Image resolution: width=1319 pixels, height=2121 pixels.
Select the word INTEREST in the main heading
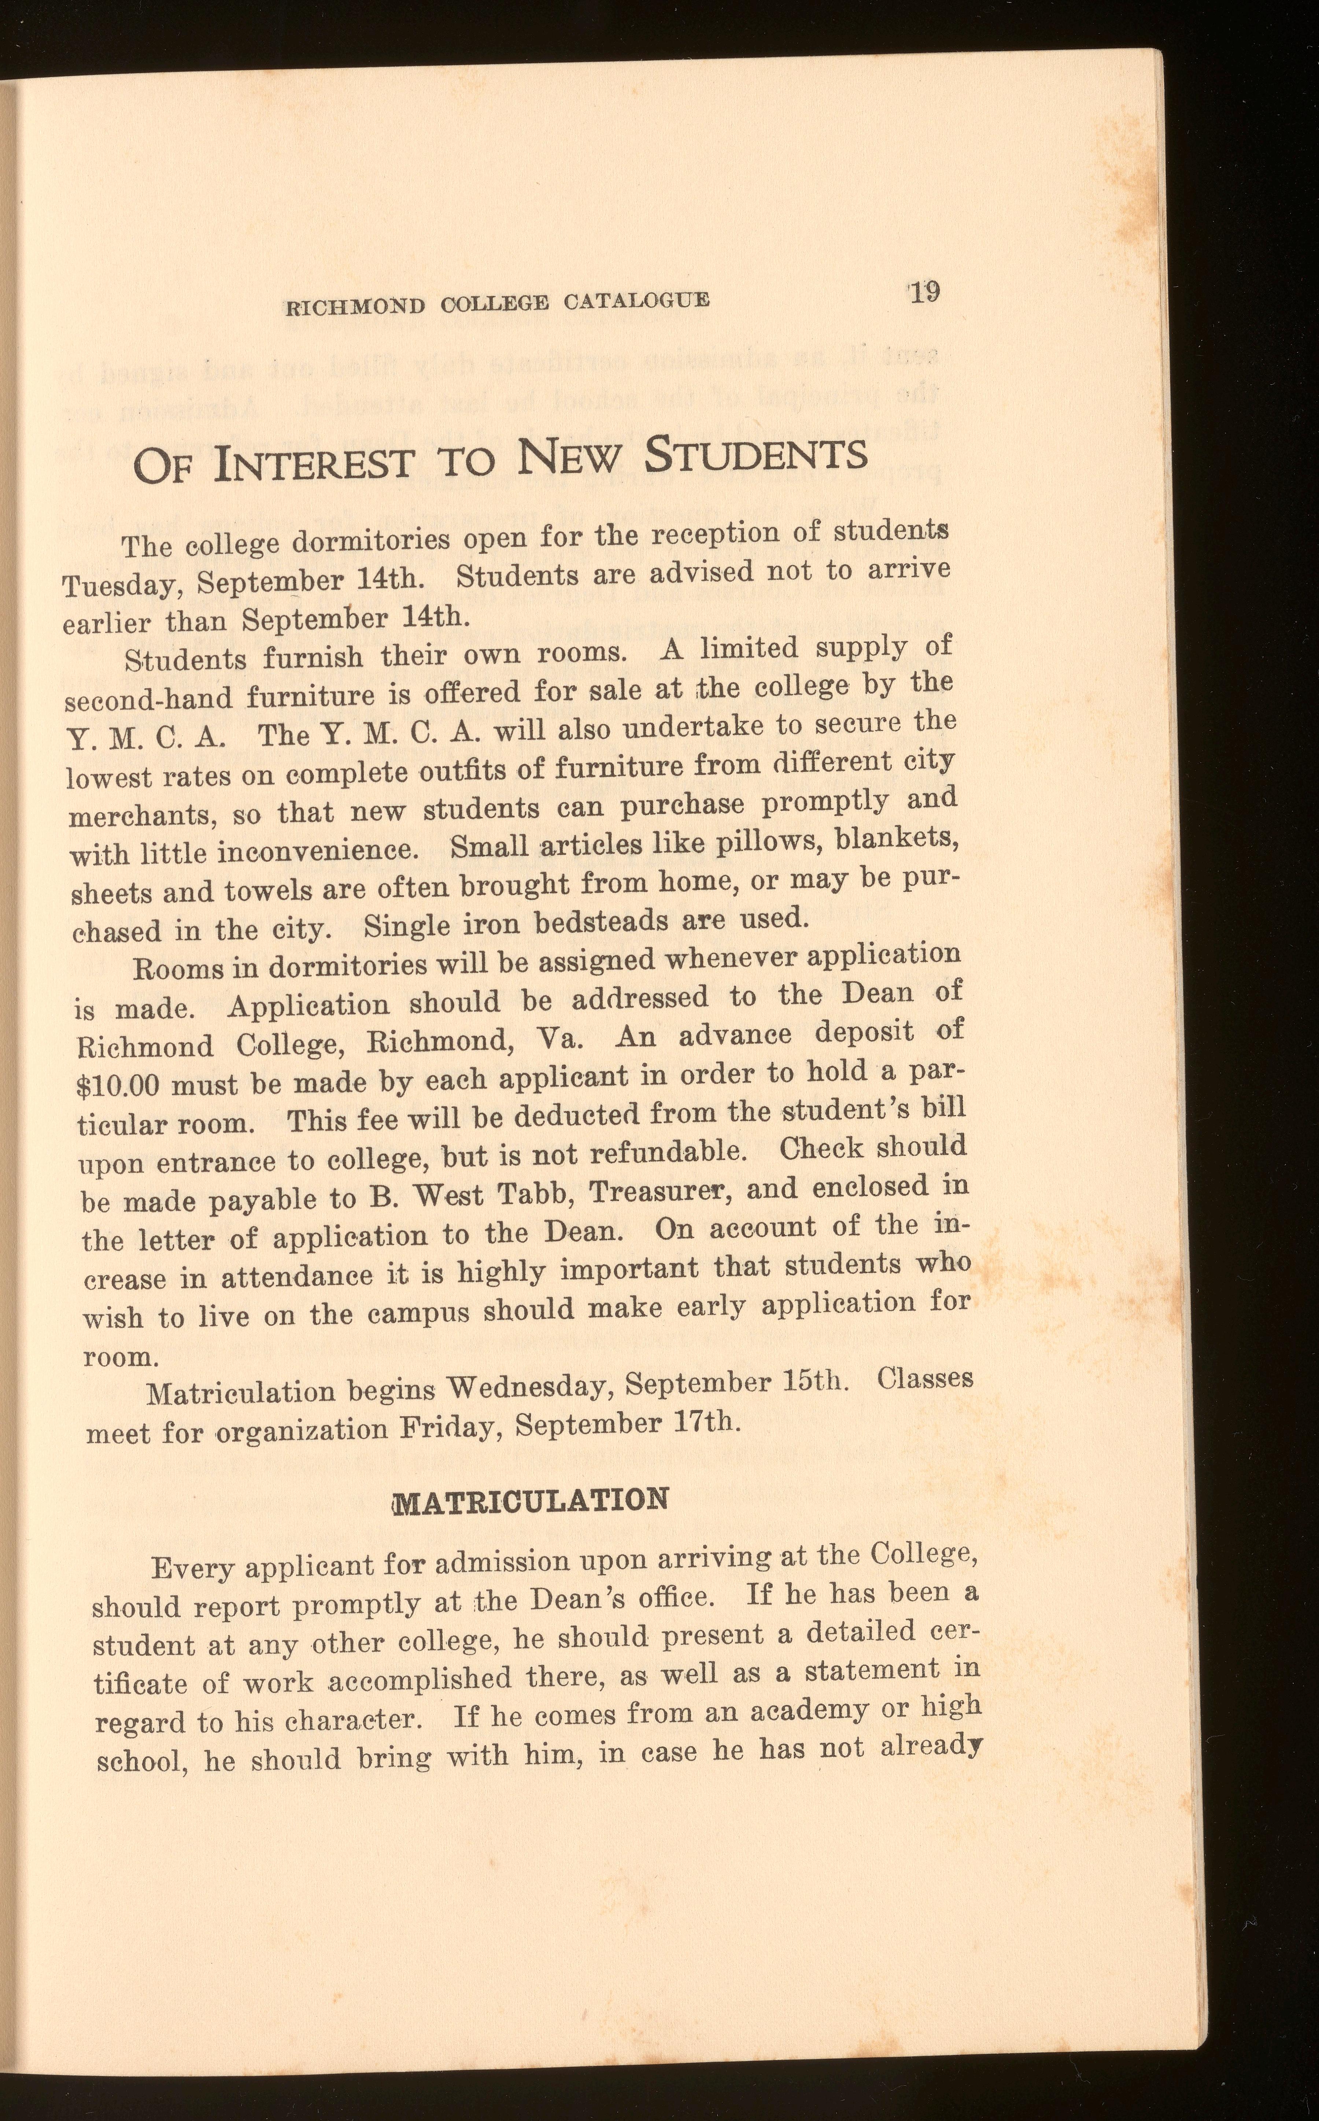(313, 462)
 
